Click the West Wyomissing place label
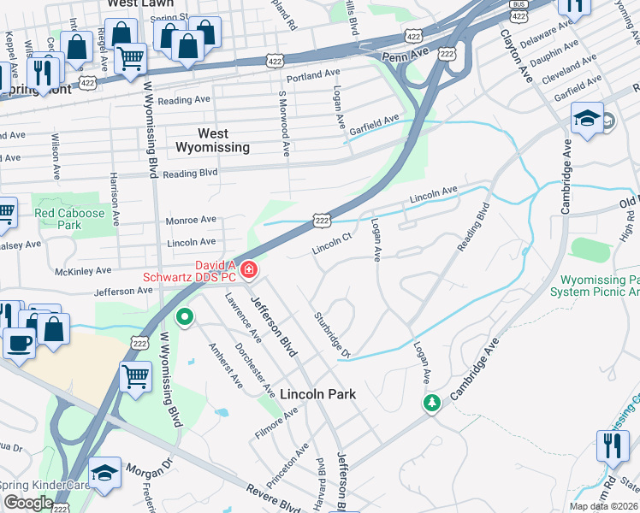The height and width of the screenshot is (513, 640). (x=212, y=140)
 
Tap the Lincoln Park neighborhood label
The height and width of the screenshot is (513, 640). (x=317, y=394)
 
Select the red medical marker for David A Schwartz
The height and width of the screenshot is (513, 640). (x=249, y=270)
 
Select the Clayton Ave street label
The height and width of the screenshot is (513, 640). (x=518, y=56)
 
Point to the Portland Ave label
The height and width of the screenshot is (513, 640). (x=314, y=76)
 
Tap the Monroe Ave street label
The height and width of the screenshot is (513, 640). (x=192, y=220)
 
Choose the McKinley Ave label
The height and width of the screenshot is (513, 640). (x=83, y=270)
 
